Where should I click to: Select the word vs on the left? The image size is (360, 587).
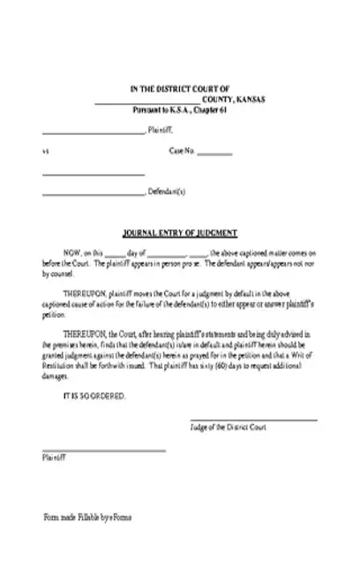coord(45,151)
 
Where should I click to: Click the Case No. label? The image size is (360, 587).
coord(181,151)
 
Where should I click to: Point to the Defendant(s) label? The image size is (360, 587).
coord(167,192)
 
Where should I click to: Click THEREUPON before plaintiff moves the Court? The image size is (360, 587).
coord(86,290)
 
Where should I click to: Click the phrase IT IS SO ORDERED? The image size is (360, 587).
coord(94,395)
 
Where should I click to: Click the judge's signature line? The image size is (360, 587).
coord(253,420)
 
